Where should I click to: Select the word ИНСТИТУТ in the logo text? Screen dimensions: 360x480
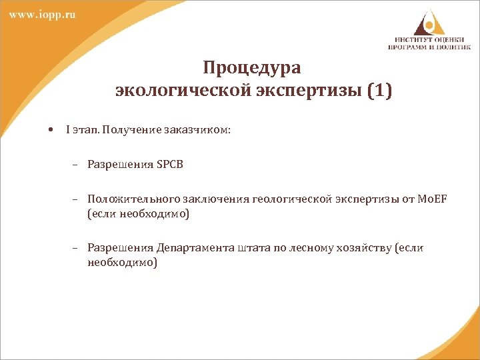pos(409,39)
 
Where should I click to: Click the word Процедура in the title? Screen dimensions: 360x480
pos(252,68)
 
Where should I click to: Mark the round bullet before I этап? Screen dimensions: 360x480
pos(51,130)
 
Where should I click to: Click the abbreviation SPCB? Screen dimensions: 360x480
pos(169,165)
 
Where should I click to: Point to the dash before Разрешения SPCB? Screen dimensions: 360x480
pos(77,165)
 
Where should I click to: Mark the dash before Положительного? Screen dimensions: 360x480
pos(77,199)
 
